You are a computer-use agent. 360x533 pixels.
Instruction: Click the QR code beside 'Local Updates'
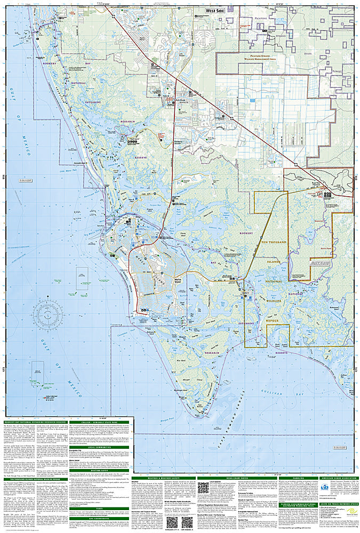coord(202,488)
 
